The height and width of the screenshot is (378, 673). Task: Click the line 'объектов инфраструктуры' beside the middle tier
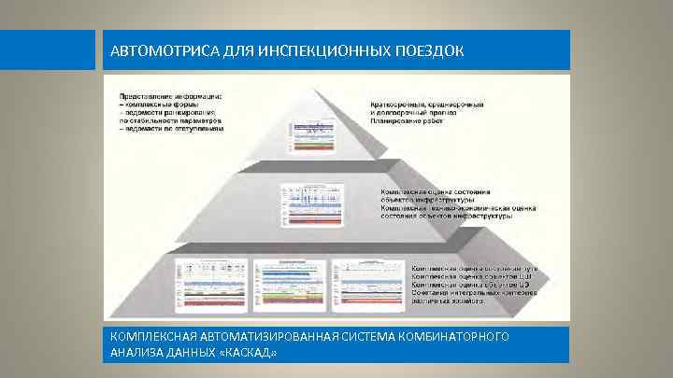point(426,201)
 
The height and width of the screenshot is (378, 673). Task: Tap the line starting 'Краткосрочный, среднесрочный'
point(432,105)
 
